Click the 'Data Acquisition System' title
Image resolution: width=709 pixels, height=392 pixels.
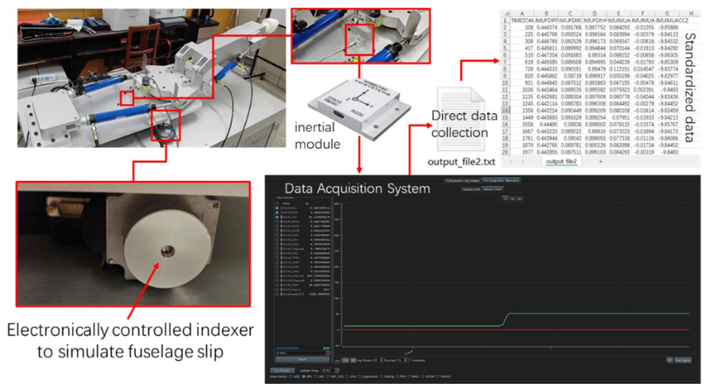[357, 188]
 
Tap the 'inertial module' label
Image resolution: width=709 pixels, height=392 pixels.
[317, 136]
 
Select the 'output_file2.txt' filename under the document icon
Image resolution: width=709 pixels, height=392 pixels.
[461, 162]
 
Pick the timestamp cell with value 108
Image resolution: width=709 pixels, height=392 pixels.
[528, 27]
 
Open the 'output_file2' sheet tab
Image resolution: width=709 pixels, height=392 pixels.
[561, 161]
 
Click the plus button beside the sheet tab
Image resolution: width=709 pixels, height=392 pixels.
[601, 162]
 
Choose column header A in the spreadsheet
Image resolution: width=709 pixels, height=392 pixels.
[522, 13]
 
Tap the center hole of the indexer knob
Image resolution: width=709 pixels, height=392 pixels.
[168, 251]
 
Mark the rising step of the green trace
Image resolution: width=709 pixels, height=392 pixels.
[505, 320]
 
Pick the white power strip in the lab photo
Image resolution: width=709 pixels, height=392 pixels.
[44, 79]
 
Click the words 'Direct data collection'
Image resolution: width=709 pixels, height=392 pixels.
[464, 124]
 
